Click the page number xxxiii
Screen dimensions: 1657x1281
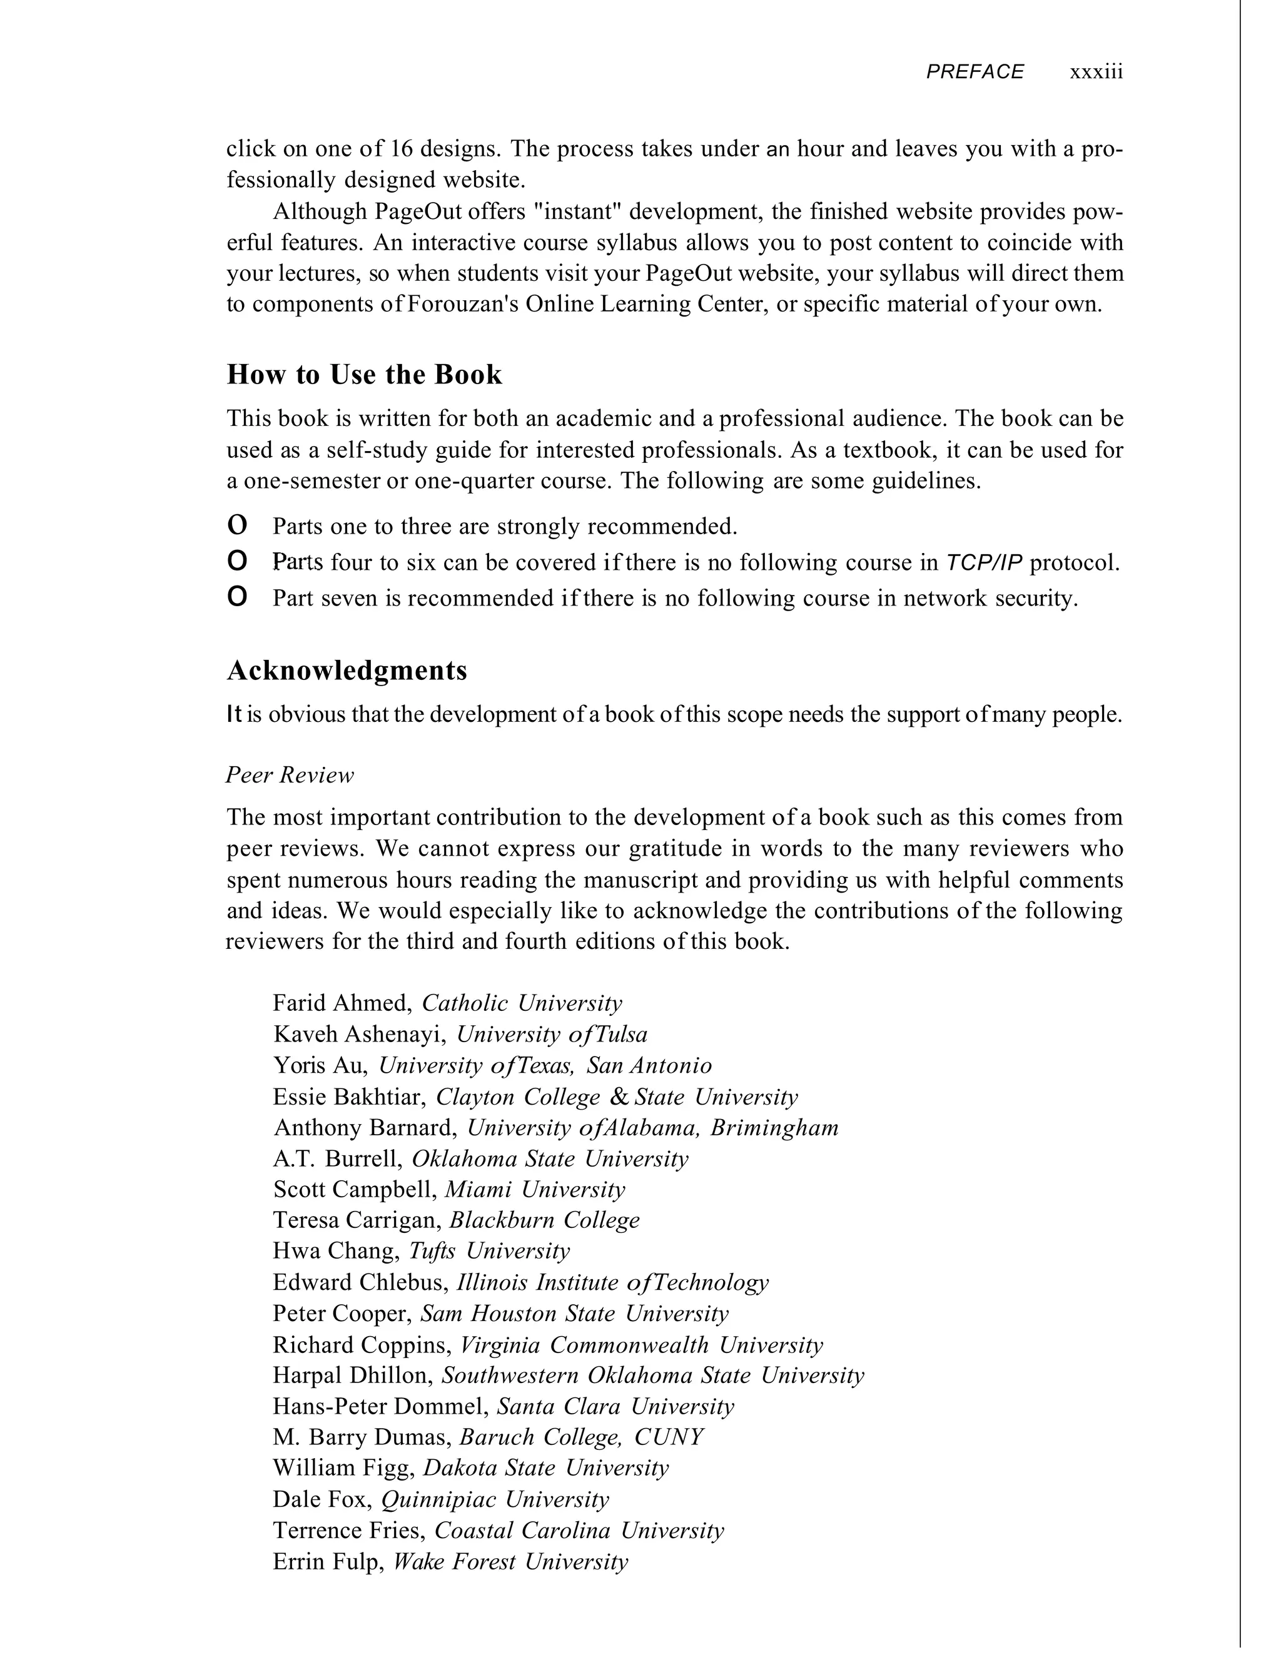[1096, 72]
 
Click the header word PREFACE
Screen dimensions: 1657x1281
[975, 72]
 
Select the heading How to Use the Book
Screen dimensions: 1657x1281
[364, 375]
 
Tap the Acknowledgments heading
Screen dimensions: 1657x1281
[347, 671]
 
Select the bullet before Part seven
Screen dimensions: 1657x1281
[238, 598]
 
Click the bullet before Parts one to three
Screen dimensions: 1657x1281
[238, 525]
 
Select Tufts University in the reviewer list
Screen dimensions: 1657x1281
[490, 1250]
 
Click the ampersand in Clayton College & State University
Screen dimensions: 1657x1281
[619, 1097]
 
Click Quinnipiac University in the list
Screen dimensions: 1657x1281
[495, 1499]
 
